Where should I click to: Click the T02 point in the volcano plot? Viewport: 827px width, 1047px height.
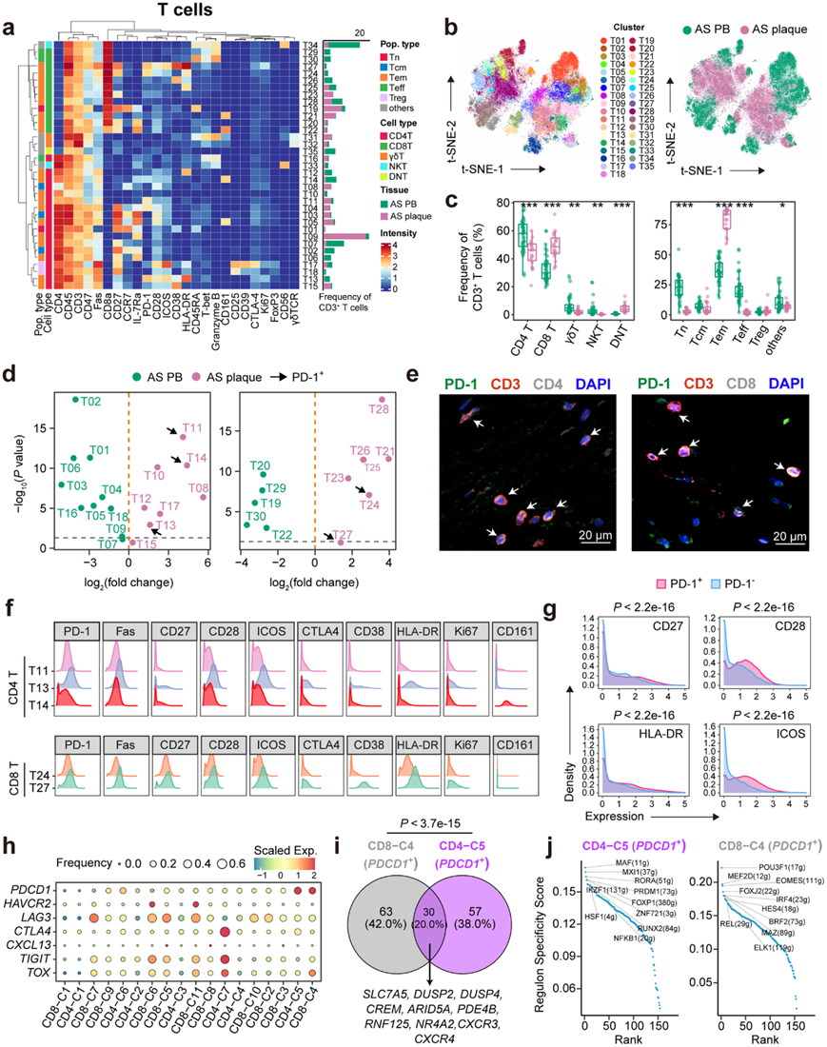coord(75,399)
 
